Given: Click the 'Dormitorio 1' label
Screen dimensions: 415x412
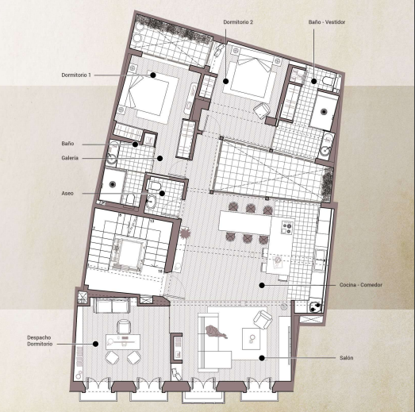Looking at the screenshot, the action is coord(76,75).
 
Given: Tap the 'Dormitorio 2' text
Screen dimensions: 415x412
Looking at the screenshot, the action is coord(238,22).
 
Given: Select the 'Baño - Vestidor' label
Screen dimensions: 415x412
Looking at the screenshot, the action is coord(327,22).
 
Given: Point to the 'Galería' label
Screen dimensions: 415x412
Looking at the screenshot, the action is coord(70,158).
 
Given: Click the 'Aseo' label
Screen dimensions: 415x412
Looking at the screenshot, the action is coord(67,193).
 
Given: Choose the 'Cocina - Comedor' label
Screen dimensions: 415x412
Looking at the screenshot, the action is coord(361,285).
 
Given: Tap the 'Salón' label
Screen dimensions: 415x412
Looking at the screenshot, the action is coord(347,358).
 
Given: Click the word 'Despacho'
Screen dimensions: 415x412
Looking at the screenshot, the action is coord(39,337).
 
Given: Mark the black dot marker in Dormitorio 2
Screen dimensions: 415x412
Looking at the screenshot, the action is coord(225,81).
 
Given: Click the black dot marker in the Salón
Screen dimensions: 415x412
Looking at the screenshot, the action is coord(262,358).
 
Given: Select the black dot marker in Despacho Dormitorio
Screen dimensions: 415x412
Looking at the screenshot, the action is coord(95,344).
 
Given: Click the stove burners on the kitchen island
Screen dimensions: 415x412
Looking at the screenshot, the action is coord(287,228).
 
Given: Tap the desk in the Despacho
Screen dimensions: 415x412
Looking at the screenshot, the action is coord(123,341).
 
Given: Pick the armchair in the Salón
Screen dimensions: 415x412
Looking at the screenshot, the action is coord(263,320).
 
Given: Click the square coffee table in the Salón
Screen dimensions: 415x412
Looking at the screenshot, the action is coord(251,339).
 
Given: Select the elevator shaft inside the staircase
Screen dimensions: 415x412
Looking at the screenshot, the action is coord(128,252).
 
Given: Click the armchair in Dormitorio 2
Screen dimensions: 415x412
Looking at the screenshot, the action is coord(262,110).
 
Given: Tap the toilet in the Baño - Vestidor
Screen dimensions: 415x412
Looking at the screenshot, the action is coord(329,81).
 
